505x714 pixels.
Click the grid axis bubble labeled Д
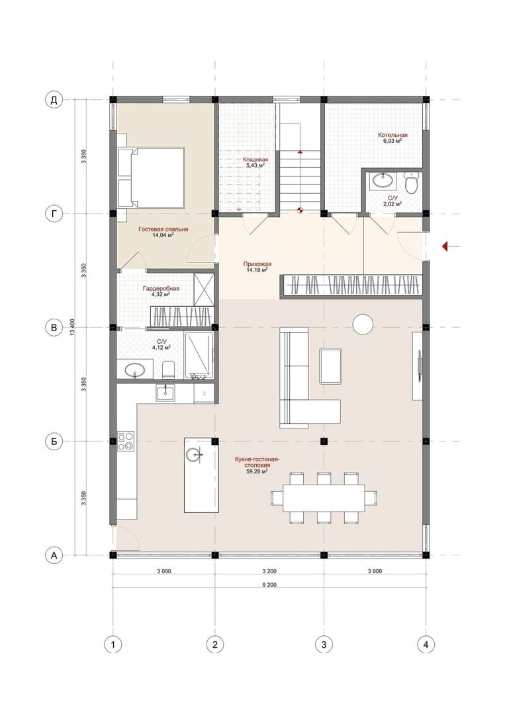pyautogui.click(x=54, y=100)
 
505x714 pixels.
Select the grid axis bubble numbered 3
pyautogui.click(x=324, y=645)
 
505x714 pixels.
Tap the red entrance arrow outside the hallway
pyautogui.click(x=451, y=247)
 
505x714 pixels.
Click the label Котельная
pyautogui.click(x=392, y=135)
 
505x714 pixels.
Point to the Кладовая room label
pyautogui.click(x=255, y=160)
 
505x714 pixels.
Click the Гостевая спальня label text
pyautogui.click(x=163, y=229)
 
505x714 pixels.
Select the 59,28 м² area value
pyautogui.click(x=255, y=472)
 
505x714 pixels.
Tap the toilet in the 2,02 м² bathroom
pyautogui.click(x=412, y=183)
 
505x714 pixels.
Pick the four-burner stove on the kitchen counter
pyautogui.click(x=126, y=441)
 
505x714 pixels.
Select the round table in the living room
pyautogui.click(x=363, y=325)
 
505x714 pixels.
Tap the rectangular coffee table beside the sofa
pyautogui.click(x=331, y=366)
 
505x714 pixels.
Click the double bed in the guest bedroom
pyautogui.click(x=151, y=177)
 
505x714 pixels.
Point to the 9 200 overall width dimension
pyautogui.click(x=269, y=585)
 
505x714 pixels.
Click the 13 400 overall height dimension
pyautogui.click(x=73, y=327)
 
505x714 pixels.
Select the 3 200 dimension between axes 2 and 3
pyautogui.click(x=269, y=571)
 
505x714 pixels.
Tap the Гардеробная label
pyautogui.click(x=161, y=289)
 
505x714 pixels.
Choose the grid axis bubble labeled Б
pyautogui.click(x=54, y=441)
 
